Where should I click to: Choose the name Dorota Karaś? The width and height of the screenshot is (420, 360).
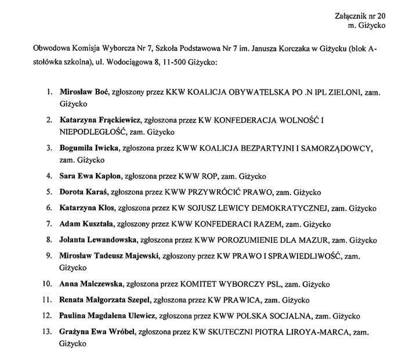tap(83, 192)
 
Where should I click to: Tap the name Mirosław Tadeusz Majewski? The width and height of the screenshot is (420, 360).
tap(108, 255)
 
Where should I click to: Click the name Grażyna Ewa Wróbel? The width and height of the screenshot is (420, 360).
tap(97, 332)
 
